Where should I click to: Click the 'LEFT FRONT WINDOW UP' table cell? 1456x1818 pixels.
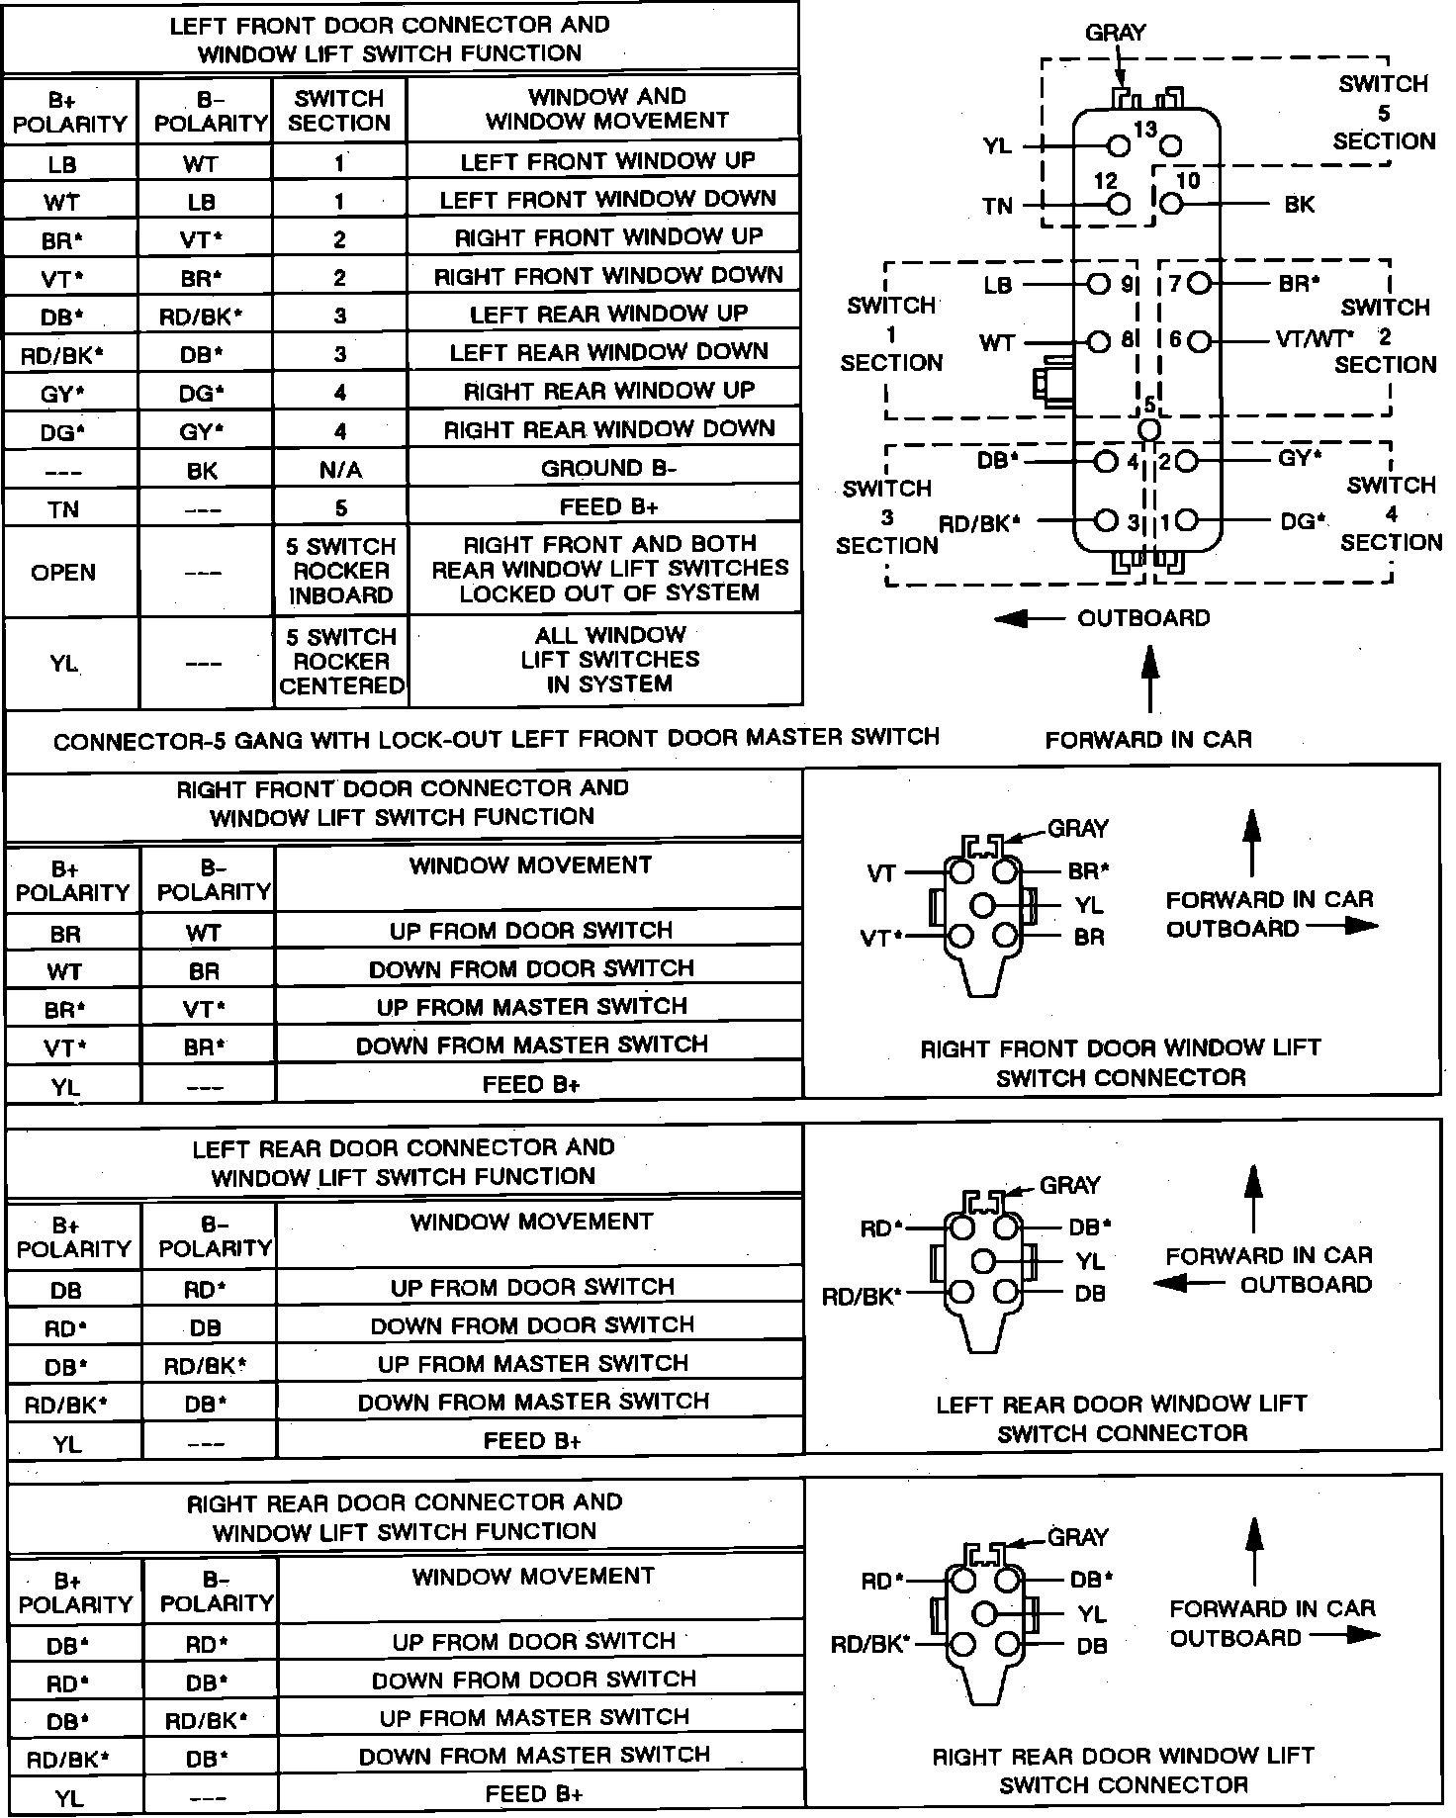click(x=607, y=160)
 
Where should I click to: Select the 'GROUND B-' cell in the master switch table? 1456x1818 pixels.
click(x=607, y=468)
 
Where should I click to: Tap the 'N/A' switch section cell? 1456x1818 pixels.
click(x=340, y=470)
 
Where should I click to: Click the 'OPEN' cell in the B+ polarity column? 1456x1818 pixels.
click(x=63, y=573)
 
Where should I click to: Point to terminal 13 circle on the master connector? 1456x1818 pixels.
click(x=1119, y=146)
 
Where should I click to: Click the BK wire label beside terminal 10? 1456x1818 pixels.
click(x=1299, y=205)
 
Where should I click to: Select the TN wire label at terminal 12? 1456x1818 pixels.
click(x=997, y=206)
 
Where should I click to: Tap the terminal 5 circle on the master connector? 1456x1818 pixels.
click(x=1148, y=429)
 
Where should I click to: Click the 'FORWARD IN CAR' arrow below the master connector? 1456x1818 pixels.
click(x=1148, y=680)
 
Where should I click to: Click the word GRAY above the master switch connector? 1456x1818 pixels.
click(x=1116, y=33)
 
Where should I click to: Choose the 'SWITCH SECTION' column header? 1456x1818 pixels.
click(x=339, y=111)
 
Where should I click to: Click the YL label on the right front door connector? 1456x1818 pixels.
click(x=1089, y=905)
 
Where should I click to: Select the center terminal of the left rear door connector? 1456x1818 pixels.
click(x=983, y=1261)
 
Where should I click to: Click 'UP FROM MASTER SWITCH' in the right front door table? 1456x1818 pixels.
click(x=532, y=1007)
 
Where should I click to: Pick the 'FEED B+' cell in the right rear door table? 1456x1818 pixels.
click(x=534, y=1794)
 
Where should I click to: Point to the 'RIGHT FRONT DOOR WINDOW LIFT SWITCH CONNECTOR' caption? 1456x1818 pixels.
click(x=1121, y=1062)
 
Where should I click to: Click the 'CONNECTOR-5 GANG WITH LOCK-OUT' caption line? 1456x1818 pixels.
click(x=496, y=738)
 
